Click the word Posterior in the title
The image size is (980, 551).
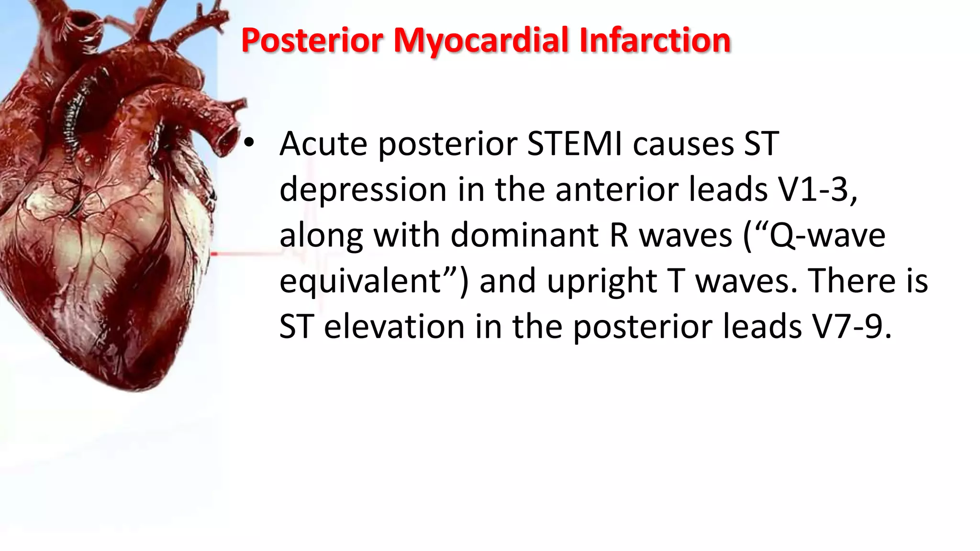pyautogui.click(x=312, y=40)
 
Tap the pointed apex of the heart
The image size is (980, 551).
pyautogui.click(x=139, y=385)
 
